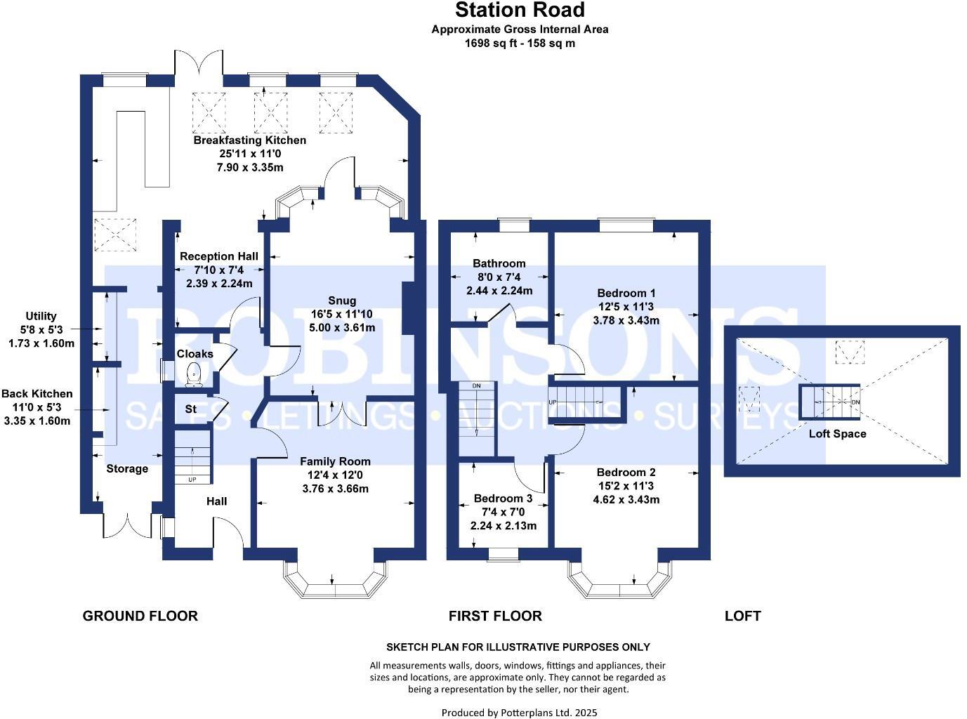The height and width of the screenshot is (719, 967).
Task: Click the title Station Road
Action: coord(520,11)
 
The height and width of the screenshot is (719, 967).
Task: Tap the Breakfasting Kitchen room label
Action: coord(249,140)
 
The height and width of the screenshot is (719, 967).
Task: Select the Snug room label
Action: coord(342,301)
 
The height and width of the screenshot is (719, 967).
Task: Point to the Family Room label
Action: coord(335,461)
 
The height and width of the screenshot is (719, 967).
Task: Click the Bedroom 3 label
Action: coord(503,499)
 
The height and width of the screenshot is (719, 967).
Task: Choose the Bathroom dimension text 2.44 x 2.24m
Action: coord(499,291)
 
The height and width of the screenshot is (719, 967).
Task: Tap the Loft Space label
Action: coord(837,434)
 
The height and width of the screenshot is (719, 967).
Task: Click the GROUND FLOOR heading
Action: coord(140,616)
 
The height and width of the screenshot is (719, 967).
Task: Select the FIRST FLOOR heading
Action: coord(495,616)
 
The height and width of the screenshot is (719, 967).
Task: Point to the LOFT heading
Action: coord(742,616)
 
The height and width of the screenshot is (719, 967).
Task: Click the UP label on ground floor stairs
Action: coord(192,480)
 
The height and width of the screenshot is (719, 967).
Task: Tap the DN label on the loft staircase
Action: coord(855,402)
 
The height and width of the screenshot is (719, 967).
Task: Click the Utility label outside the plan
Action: coord(41,317)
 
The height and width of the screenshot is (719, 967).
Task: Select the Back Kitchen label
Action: coord(37,394)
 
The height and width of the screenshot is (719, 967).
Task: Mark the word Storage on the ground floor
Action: coord(127,469)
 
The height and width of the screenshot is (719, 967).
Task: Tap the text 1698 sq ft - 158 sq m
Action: coord(520,43)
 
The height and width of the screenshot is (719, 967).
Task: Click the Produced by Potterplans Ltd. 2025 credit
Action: coord(519,713)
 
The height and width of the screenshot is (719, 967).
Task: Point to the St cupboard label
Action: coord(190,409)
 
